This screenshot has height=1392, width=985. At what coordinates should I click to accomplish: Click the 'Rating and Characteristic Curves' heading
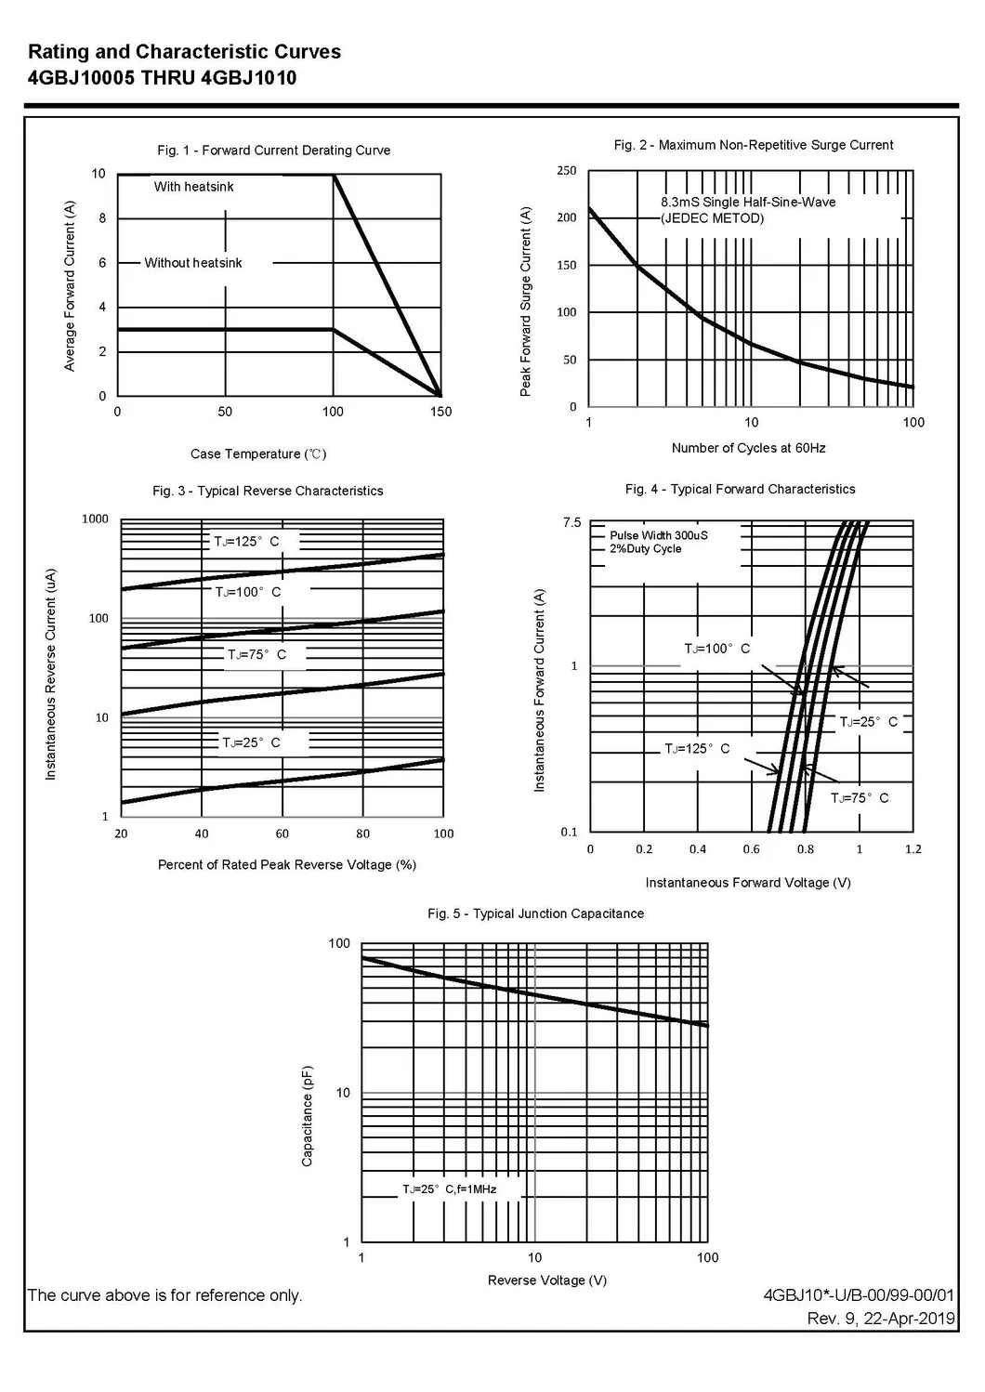[x=184, y=52]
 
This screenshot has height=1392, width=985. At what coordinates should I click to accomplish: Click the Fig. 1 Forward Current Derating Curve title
[x=273, y=151]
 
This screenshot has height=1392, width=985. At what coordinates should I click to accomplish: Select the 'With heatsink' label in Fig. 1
[x=193, y=187]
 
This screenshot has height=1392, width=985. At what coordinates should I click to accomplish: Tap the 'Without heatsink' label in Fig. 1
[x=192, y=263]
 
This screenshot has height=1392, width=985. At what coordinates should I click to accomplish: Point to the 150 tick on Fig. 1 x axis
[x=440, y=412]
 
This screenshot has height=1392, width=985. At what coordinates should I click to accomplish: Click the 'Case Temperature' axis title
[x=258, y=454]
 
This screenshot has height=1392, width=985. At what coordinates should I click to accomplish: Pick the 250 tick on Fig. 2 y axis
[x=567, y=171]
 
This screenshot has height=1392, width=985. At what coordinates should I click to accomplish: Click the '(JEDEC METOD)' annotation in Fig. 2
[x=712, y=218]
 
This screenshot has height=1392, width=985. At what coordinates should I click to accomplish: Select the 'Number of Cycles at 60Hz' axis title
[x=748, y=448]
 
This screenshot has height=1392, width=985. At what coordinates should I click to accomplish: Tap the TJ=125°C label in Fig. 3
[x=246, y=542]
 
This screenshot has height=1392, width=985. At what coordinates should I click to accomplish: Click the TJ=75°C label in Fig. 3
[x=256, y=655]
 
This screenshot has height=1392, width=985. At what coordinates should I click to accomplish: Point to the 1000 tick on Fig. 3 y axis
[x=95, y=519]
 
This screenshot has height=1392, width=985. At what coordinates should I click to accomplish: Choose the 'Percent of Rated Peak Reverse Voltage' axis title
[x=286, y=865]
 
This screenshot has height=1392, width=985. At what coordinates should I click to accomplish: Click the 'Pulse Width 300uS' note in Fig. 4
[x=658, y=535]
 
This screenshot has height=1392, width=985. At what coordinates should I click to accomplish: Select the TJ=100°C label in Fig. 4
[x=716, y=649]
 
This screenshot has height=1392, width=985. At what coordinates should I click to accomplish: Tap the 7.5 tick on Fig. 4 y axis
[x=571, y=523]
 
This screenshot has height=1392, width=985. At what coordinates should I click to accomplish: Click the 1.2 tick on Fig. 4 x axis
[x=913, y=849]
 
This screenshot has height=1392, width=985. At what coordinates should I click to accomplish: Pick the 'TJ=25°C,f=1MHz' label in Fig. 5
[x=449, y=1189]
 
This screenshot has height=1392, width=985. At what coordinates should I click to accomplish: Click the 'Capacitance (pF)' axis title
[x=308, y=1116]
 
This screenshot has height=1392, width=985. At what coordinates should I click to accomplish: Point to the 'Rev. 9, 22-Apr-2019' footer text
[x=880, y=1319]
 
